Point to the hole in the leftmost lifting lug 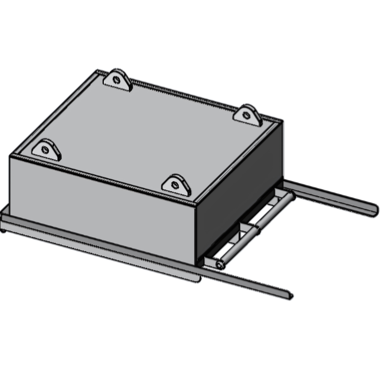[45, 150]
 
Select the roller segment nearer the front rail [238, 246]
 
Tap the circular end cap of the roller [219, 264]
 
